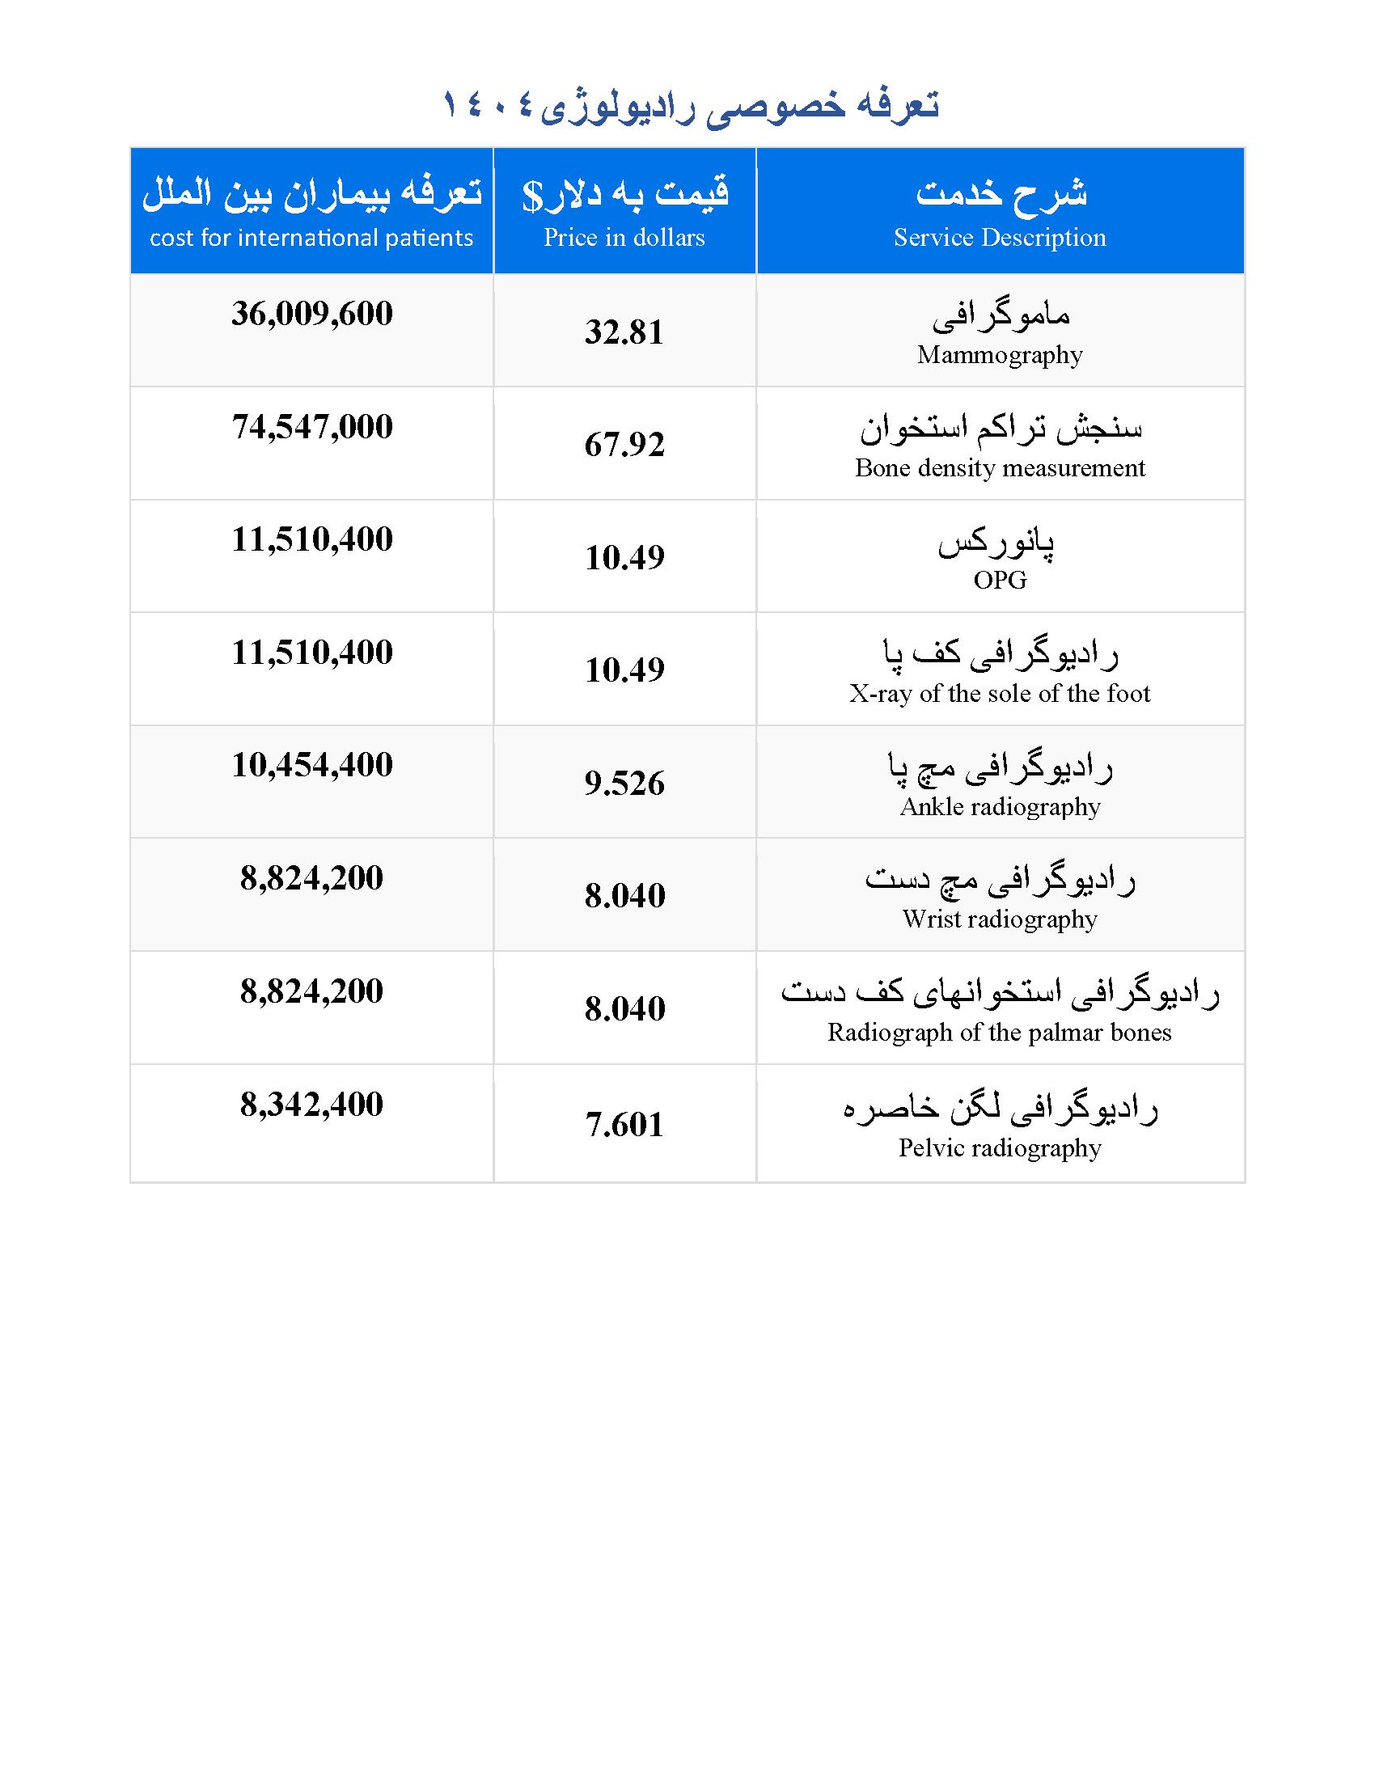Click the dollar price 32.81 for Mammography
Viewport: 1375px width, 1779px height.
(x=624, y=332)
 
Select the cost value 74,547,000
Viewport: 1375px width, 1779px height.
(x=312, y=427)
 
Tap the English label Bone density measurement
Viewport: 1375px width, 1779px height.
(x=1000, y=468)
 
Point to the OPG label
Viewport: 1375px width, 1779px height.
(x=1000, y=581)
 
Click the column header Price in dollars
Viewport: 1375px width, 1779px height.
(x=624, y=238)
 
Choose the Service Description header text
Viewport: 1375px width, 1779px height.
(x=1000, y=238)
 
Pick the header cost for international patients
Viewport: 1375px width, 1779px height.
(x=311, y=238)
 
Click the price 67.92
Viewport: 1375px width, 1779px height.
(x=624, y=445)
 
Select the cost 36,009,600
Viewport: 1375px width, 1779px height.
(x=312, y=314)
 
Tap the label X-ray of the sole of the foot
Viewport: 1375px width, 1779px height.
(x=1000, y=694)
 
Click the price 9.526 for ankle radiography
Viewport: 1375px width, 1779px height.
(x=624, y=784)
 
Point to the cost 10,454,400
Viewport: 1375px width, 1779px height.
(x=312, y=765)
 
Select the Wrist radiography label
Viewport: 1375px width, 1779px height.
(x=1000, y=919)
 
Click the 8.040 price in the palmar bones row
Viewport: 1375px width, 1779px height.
(x=624, y=1009)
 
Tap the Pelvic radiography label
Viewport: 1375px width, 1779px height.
(x=1000, y=1148)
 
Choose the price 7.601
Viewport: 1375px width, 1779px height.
(x=624, y=1125)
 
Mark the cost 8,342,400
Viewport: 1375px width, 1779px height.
(x=312, y=1105)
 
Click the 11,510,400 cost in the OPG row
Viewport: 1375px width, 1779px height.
(x=312, y=539)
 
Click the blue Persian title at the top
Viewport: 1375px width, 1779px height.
(x=691, y=106)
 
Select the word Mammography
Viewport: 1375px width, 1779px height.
(x=1000, y=355)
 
